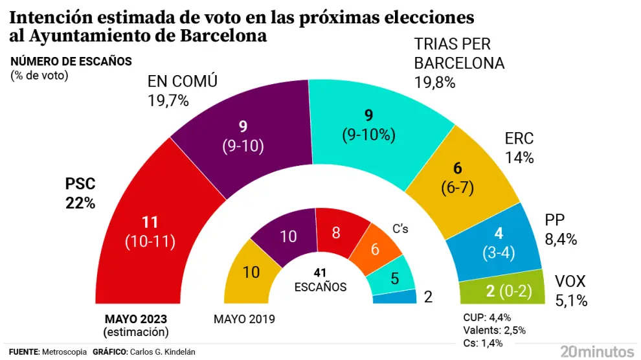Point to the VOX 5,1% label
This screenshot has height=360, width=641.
(570, 291)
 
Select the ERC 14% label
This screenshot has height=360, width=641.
(519, 148)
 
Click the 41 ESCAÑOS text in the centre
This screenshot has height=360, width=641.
(320, 280)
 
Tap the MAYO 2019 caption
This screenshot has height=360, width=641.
(244, 319)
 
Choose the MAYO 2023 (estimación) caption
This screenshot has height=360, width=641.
(135, 325)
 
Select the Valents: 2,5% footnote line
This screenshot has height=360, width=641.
(494, 330)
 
